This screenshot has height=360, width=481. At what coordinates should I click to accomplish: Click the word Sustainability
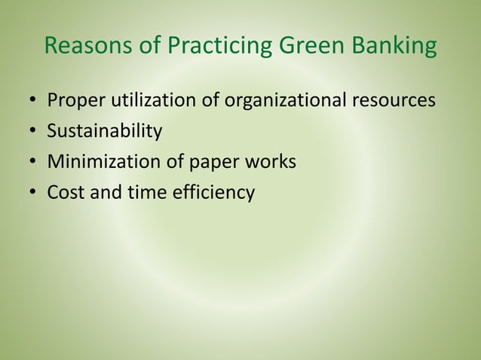[105, 132]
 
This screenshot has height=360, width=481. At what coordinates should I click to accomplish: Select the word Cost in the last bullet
[65, 193]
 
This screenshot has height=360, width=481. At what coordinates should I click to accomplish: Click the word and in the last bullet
[104, 193]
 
